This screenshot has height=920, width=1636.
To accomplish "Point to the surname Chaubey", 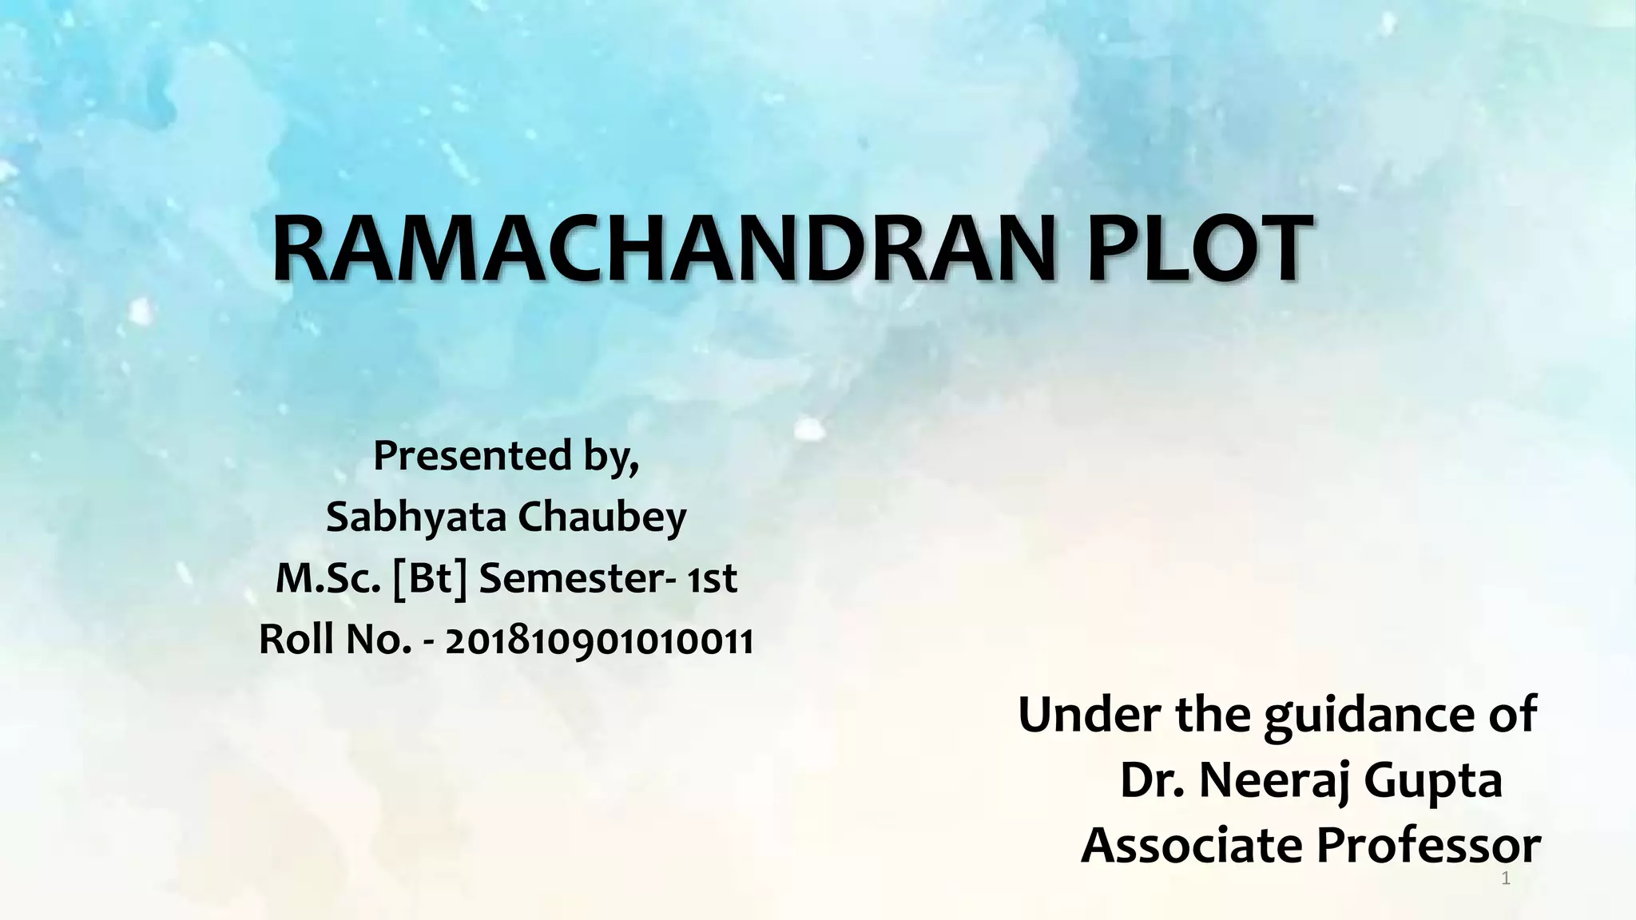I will (602, 517).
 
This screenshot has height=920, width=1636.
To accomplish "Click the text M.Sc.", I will (328, 578).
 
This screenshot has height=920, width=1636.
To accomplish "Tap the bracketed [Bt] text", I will (431, 578).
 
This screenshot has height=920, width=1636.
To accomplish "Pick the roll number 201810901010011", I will (598, 640).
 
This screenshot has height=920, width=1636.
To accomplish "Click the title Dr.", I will (1151, 780).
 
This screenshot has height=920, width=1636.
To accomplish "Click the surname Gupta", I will (1433, 782).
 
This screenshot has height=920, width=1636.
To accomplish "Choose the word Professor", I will (1429, 845).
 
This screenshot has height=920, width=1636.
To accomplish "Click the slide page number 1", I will (1506, 879).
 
